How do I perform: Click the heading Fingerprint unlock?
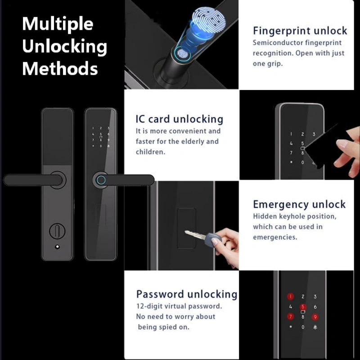pos(300,31)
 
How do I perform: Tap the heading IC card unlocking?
pos(179,119)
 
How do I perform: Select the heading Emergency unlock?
pos(299,204)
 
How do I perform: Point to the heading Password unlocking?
pos(187,294)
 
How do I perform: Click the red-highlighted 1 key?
pos(291,297)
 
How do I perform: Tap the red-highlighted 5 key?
pos(303,307)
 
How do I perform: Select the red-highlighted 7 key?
pos(291,317)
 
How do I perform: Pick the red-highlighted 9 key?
pos(315,317)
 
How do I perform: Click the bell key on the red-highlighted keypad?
pos(315,327)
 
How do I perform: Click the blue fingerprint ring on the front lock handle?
pos(101,180)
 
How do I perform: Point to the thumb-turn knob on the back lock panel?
pos(57,231)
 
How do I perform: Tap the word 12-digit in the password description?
pos(148,306)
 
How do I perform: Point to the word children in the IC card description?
pos(150,152)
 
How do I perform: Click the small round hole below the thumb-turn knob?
pos(57,247)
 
